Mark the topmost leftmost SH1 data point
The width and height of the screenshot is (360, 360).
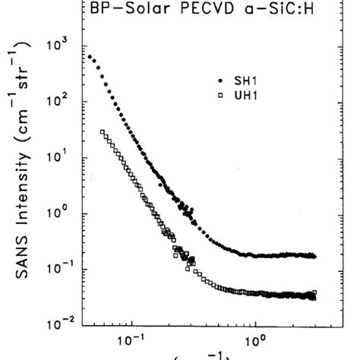[90, 57]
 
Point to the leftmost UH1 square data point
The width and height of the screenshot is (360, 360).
[102, 132]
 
